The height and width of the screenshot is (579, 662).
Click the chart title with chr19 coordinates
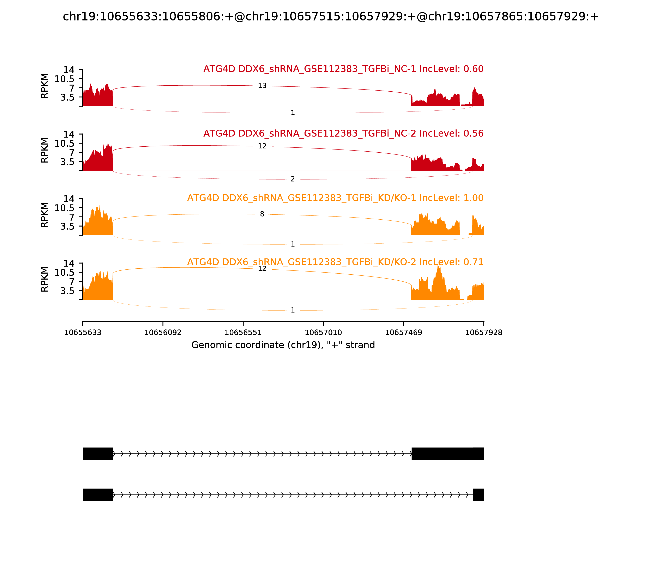tap(331, 17)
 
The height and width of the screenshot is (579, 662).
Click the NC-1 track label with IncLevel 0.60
tap(343, 69)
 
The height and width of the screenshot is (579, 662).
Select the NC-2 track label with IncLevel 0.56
tap(343, 133)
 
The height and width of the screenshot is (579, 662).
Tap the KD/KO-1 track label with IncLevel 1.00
tap(335, 198)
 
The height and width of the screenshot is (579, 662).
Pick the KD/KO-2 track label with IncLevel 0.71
tap(335, 262)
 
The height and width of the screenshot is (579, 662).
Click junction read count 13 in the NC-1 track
tap(262, 86)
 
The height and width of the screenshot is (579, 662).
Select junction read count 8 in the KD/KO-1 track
tap(262, 214)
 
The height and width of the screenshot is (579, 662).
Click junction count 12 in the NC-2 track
tap(262, 146)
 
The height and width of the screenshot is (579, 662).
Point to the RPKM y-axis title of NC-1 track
tap(45, 86)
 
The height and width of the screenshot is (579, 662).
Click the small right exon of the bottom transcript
tap(478, 495)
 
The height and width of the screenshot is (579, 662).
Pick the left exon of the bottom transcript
tap(98, 495)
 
